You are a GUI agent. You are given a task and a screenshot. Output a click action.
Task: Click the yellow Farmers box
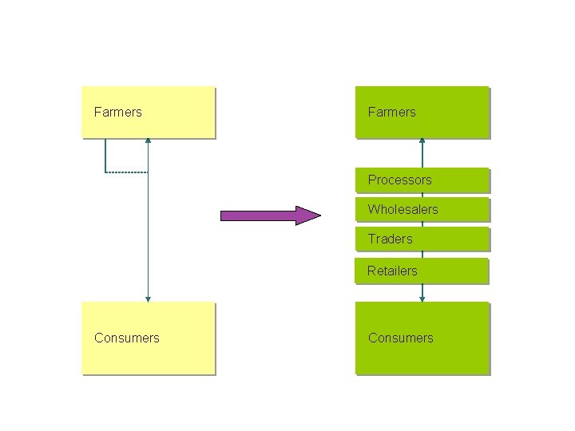[x=149, y=112]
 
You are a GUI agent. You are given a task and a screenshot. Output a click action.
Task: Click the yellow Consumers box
[x=149, y=338]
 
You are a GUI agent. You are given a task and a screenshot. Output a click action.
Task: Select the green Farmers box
[x=422, y=112]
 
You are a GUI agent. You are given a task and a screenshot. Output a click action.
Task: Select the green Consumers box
[x=422, y=338]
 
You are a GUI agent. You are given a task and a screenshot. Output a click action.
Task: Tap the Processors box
[x=422, y=180]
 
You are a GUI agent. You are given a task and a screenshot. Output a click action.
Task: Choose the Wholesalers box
[x=422, y=209]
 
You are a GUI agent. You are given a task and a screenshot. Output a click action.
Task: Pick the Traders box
[x=422, y=239]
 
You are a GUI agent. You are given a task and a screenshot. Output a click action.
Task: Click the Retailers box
[x=422, y=271]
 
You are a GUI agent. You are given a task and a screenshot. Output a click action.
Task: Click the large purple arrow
[x=268, y=215]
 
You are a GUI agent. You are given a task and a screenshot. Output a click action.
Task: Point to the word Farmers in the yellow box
[x=117, y=112]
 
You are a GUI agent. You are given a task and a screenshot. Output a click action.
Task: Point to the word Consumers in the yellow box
[x=126, y=338]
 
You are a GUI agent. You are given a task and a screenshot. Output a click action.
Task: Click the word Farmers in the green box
[x=391, y=112]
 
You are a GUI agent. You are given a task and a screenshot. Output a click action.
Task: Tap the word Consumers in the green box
[x=400, y=338]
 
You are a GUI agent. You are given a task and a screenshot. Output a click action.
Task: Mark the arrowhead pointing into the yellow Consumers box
[x=148, y=299]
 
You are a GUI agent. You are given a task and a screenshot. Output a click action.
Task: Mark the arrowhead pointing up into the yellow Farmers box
[x=148, y=141]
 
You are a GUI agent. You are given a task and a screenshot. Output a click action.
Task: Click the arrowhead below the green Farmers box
[x=422, y=141]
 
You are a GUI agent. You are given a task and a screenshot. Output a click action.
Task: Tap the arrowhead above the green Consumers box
[x=422, y=299]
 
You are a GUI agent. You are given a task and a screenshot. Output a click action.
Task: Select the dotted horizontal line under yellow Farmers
[x=126, y=172]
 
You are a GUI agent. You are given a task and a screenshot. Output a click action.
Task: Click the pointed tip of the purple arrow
[x=318, y=215]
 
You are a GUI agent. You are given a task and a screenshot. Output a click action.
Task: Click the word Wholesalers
[x=402, y=209]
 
